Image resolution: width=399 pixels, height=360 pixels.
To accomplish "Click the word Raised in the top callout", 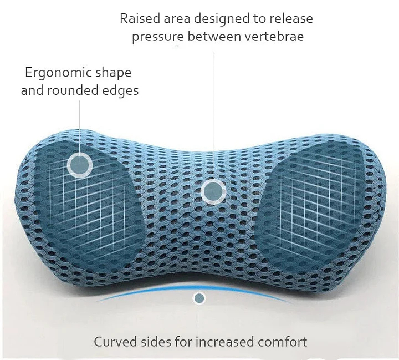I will [x=139, y=19].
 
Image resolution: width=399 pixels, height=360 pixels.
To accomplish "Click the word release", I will [x=291, y=19].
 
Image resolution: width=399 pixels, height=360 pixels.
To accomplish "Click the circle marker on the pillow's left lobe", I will [x=80, y=164].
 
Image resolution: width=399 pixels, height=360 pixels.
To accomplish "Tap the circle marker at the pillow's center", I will [x=212, y=191].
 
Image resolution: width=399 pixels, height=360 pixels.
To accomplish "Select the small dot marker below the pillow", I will [x=199, y=298].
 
